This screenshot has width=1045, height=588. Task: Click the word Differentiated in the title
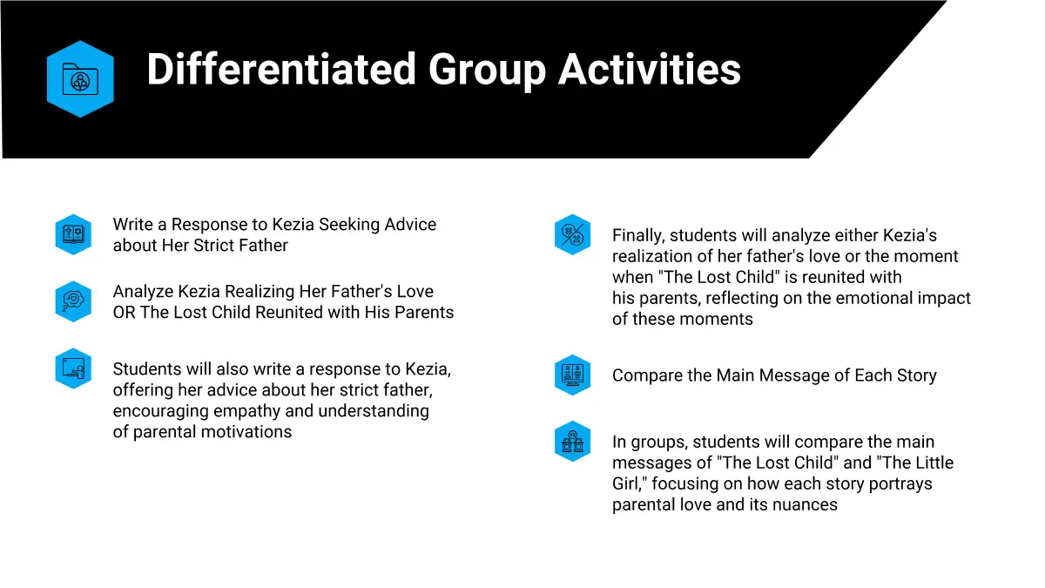point(280,69)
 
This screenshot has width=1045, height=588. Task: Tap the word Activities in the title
point(650,69)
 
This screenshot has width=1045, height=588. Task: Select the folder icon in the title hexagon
point(80,79)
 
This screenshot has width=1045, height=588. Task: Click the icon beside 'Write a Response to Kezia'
point(73,234)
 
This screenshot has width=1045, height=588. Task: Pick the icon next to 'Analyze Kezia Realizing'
point(73,301)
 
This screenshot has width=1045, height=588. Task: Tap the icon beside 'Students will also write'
point(73,368)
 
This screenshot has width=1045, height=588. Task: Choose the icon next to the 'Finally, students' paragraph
point(572,234)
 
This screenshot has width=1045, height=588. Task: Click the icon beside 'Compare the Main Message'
point(572,375)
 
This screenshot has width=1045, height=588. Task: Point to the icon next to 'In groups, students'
point(572,442)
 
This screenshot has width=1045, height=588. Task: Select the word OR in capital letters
point(124,312)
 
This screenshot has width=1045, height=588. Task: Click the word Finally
point(638,236)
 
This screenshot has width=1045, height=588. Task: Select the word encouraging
point(160,411)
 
